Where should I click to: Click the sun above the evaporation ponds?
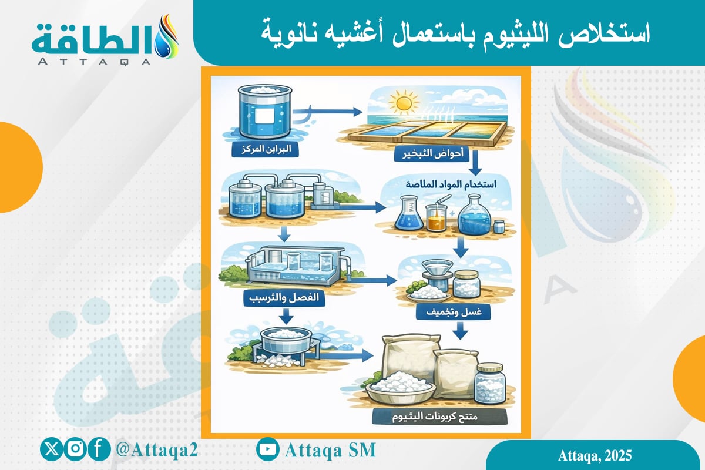[403, 103]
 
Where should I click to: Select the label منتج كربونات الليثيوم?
[439, 417]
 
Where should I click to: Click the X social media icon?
[49, 450]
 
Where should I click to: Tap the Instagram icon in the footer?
[75, 450]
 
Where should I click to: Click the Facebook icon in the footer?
[100, 450]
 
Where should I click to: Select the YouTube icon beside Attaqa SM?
[268, 450]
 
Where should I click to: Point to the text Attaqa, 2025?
[594, 456]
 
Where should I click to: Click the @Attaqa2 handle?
[157, 450]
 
